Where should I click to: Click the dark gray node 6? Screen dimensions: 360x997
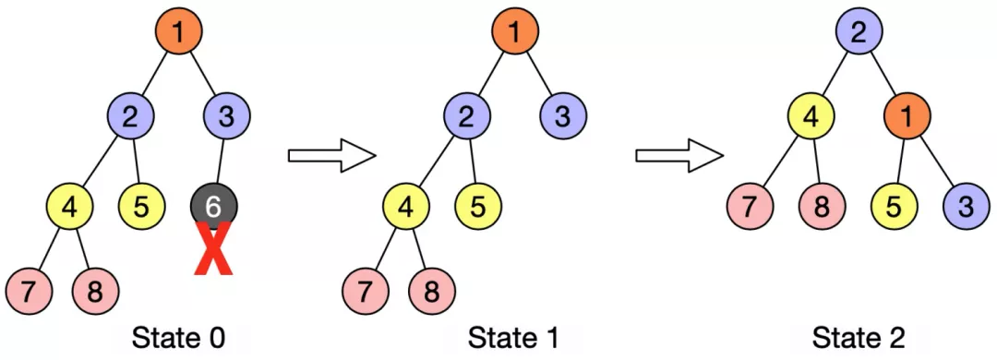click(x=213, y=208)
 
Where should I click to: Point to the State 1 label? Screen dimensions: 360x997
click(x=513, y=338)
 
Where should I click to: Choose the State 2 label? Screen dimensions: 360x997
click(x=858, y=338)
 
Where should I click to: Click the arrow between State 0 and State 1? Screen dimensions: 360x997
click(x=331, y=155)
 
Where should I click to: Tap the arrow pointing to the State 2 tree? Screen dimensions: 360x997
click(x=678, y=155)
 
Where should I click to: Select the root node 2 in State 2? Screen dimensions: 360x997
click(x=859, y=34)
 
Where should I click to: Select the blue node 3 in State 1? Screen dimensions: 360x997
click(x=563, y=117)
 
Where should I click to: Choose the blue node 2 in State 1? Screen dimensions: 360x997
click(x=467, y=117)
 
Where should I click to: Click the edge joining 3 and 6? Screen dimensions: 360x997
click(x=219, y=162)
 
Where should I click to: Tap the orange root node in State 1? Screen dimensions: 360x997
click(x=515, y=32)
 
